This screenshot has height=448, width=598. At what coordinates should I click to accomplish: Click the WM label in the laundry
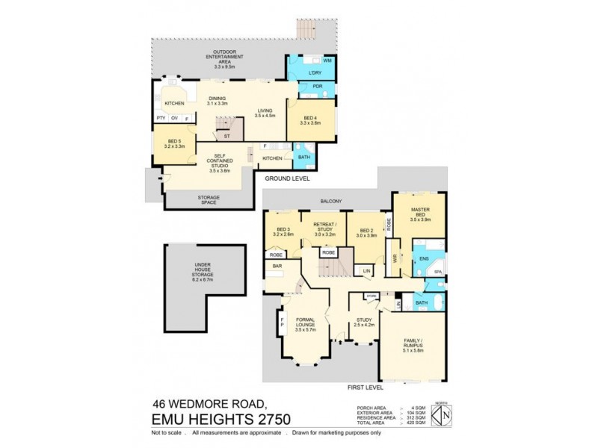click(x=327, y=59)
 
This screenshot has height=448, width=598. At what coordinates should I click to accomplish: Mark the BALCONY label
click(x=330, y=201)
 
